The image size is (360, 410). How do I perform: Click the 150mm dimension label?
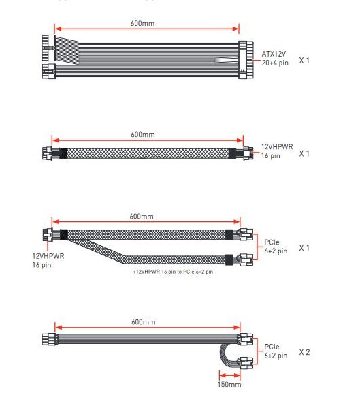click(x=229, y=384)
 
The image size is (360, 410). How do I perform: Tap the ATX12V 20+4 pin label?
click(x=275, y=59)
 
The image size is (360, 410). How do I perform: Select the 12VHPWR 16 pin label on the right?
click(x=277, y=151)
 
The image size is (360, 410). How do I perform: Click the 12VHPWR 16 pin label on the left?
click(x=48, y=260)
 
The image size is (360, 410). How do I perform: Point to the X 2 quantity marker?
click(x=304, y=352)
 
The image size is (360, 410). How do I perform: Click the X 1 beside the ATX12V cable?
click(x=304, y=61)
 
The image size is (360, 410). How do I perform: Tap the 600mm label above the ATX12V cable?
click(x=142, y=23)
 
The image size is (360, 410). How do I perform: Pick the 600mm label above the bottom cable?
click(x=143, y=321)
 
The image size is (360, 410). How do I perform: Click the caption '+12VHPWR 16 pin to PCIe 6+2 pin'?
click(x=173, y=272)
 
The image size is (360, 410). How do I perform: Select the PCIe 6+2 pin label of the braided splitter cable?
click(x=276, y=247)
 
